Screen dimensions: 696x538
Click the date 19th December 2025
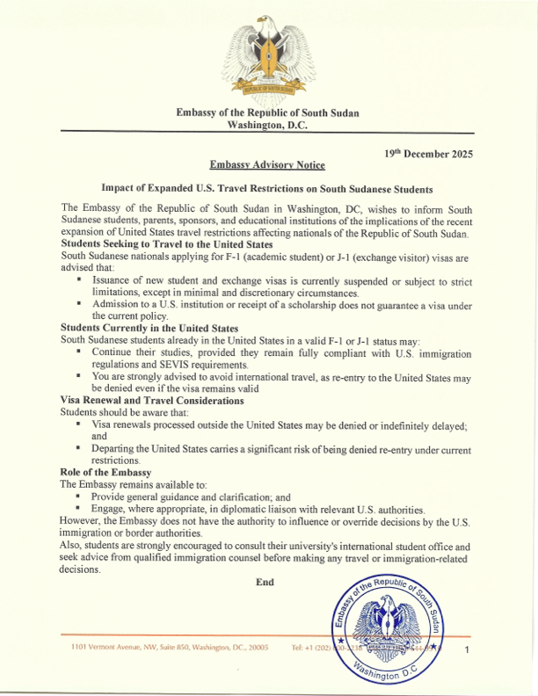point(429,153)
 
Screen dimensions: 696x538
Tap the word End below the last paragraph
point(265,581)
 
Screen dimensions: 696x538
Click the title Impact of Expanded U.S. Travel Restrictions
point(266,187)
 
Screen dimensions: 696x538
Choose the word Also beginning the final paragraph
point(72,546)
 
